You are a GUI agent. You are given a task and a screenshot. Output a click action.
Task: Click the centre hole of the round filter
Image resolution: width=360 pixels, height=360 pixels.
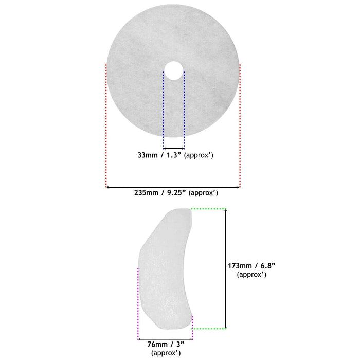(x=174, y=70)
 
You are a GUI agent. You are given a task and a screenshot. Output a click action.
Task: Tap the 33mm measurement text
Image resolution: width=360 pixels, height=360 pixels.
(x=148, y=155)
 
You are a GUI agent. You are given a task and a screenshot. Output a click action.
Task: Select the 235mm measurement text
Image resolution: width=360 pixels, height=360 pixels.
(x=146, y=193)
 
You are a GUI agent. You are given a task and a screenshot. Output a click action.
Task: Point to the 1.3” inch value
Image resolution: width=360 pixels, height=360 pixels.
(x=174, y=155)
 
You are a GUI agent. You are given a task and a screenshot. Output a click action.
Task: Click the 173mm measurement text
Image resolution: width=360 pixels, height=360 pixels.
(x=240, y=266)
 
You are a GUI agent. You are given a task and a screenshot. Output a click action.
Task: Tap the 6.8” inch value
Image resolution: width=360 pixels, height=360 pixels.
(x=268, y=266)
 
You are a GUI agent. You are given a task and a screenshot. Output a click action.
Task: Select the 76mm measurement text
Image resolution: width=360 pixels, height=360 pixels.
(x=157, y=345)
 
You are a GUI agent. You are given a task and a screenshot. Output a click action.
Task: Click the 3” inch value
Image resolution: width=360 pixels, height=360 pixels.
(x=180, y=345)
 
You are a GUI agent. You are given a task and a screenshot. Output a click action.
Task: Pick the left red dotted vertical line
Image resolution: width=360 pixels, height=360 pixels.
(x=106, y=126)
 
